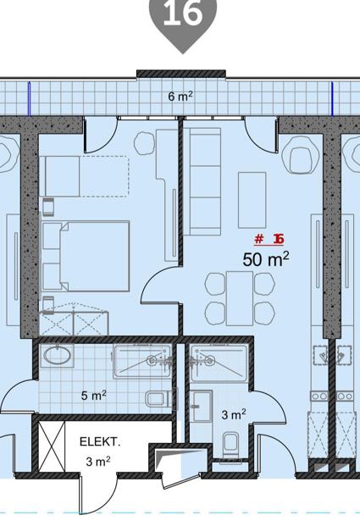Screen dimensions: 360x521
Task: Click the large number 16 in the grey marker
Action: click(x=183, y=13)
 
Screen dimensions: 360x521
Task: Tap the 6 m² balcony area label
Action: click(x=180, y=97)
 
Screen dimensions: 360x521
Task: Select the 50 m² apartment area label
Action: click(x=266, y=259)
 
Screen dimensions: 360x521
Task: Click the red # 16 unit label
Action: click(x=269, y=239)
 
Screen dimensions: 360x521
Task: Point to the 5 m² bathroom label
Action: click(x=94, y=395)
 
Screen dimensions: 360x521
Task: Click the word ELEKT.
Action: click(x=100, y=441)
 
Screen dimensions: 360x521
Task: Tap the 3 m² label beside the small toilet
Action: click(x=234, y=414)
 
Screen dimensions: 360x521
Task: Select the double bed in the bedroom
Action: click(x=86, y=256)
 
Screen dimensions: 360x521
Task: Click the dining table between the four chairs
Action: click(x=240, y=298)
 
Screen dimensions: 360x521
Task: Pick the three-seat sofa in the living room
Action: click(x=202, y=182)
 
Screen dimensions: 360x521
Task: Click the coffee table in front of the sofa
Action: click(x=252, y=200)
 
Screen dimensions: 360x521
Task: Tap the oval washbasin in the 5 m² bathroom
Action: click(x=57, y=356)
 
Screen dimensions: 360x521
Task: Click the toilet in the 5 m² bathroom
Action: click(x=158, y=399)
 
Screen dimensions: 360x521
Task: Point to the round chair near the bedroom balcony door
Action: click(x=144, y=143)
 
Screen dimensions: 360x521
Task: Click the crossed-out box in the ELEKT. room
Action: click(x=52, y=446)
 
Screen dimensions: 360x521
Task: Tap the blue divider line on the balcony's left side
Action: click(x=29, y=98)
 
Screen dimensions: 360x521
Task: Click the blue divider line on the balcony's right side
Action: click(x=332, y=98)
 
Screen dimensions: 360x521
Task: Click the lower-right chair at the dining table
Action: click(x=264, y=313)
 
